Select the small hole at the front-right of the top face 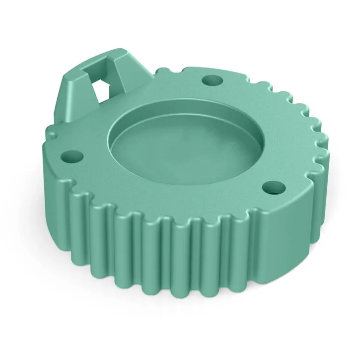272,188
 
